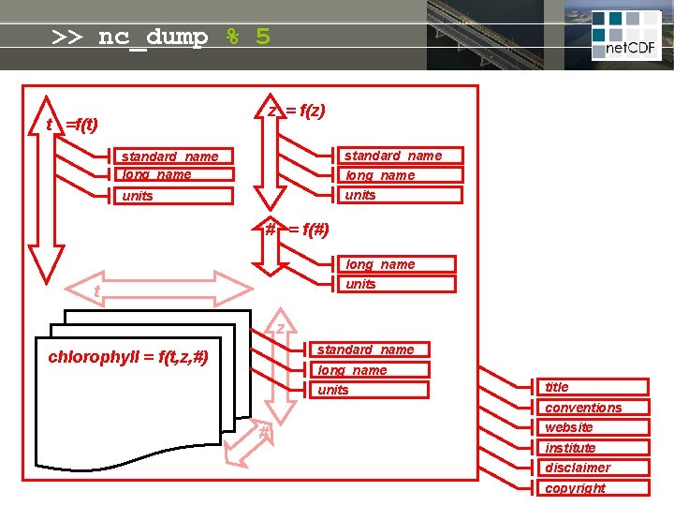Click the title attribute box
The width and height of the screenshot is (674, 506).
[x=595, y=387]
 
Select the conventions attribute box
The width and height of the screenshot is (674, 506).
[x=595, y=408]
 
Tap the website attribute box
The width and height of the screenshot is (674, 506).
[x=595, y=427]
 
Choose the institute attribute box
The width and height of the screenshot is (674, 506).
[x=595, y=448]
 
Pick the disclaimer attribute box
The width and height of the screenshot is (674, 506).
[x=595, y=468]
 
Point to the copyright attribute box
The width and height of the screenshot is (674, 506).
[x=595, y=488]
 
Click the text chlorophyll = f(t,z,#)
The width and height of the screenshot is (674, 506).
[x=128, y=357]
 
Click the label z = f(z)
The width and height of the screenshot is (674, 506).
[x=297, y=111]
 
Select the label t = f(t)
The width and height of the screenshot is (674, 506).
[x=73, y=125]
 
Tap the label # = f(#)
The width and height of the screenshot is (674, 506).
[x=297, y=230]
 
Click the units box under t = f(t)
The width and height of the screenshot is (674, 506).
[x=175, y=196]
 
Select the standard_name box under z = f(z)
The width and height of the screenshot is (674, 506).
[x=399, y=156]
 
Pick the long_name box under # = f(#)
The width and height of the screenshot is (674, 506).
[x=395, y=264]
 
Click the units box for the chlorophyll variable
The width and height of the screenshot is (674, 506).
[x=369, y=390]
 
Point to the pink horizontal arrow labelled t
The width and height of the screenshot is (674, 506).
[x=159, y=289]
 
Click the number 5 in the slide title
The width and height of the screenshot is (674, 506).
[x=262, y=37]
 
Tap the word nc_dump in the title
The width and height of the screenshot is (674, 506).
[x=153, y=37]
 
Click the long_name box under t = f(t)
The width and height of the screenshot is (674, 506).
[x=175, y=174]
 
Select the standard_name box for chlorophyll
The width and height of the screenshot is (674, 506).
[x=369, y=350]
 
